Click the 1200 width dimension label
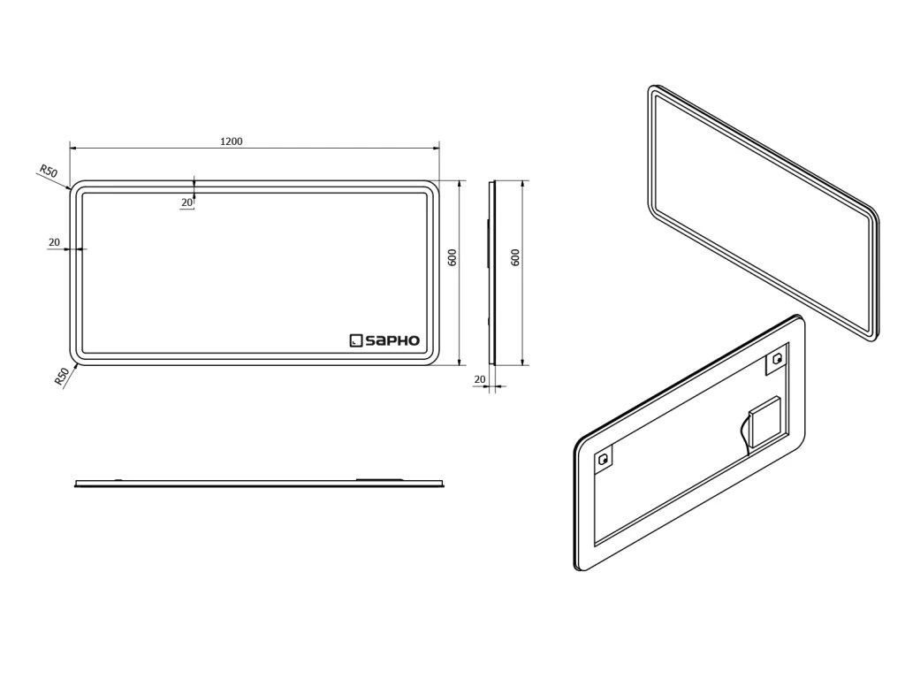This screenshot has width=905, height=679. pyautogui.click(x=232, y=141)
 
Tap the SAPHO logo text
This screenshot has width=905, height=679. pyautogui.click(x=392, y=339)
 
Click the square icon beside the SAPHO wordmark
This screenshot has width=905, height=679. pyautogui.click(x=356, y=339)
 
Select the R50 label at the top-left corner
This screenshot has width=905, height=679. pyautogui.click(x=48, y=171)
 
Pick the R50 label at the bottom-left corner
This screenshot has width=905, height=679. pyautogui.click(x=61, y=377)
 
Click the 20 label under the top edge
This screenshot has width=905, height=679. pyautogui.click(x=187, y=202)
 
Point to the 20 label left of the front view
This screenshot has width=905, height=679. pyautogui.click(x=54, y=242)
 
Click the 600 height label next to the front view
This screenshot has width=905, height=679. pyautogui.click(x=452, y=257)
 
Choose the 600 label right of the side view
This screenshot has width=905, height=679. pyautogui.click(x=515, y=257)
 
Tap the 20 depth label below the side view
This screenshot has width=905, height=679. pyautogui.click(x=480, y=378)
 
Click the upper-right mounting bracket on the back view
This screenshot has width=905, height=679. pyautogui.click(x=777, y=359)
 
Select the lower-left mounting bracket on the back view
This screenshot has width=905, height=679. pyautogui.click(x=605, y=459)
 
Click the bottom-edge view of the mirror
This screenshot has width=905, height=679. pyautogui.click(x=258, y=483)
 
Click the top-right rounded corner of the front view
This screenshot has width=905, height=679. pyautogui.click(x=430, y=188)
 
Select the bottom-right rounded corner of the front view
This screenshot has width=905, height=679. pyautogui.click(x=430, y=357)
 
